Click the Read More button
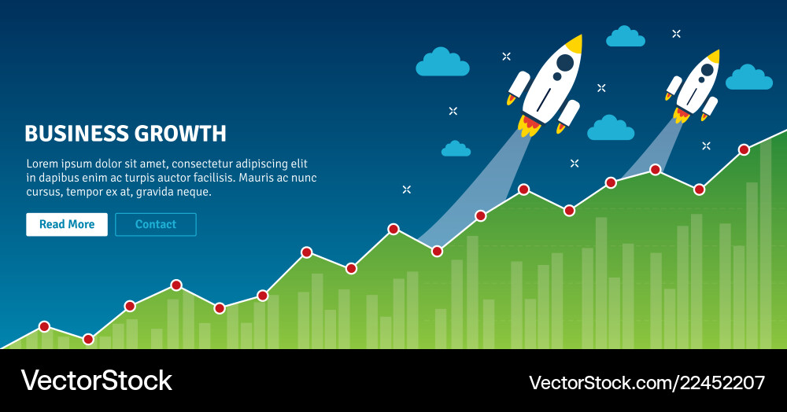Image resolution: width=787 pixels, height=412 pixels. [x=66, y=224]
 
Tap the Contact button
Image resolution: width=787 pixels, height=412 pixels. [x=155, y=224]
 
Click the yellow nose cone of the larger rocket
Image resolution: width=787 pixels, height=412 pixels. [x=575, y=44]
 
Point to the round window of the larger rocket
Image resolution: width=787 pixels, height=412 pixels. [x=565, y=62]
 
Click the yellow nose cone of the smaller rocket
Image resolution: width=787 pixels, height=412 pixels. [x=713, y=56]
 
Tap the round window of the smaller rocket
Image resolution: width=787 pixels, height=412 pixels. [x=707, y=70]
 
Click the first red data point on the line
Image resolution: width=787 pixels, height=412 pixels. [x=44, y=326]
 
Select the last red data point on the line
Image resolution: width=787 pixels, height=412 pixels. [x=744, y=149]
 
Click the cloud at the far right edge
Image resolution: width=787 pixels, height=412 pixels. [x=748, y=78]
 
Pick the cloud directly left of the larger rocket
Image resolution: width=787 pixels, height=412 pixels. [x=442, y=62]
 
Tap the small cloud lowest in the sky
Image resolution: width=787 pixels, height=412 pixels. [x=456, y=149]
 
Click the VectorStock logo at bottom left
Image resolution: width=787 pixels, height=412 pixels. [x=96, y=381]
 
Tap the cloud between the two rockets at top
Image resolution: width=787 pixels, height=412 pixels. [x=626, y=36]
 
